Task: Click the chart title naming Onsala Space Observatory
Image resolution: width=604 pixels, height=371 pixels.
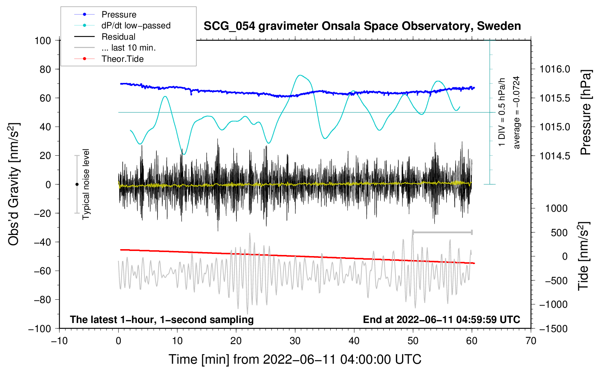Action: (362, 26)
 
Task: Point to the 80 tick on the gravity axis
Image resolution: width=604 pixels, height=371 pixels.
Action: (45, 69)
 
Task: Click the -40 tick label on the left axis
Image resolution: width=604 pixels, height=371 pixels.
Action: (43, 242)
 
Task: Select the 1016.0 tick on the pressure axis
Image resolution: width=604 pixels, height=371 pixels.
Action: (555, 69)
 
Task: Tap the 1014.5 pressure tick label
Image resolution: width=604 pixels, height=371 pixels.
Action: (555, 156)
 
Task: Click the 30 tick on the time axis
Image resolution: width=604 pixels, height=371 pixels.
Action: (295, 341)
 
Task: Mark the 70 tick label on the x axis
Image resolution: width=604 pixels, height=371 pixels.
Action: (531, 341)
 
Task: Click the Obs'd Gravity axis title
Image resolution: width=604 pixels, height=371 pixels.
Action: (13, 184)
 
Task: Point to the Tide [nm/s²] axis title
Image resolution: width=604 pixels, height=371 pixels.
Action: (584, 256)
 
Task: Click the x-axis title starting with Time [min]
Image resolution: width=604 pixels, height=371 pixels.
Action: (295, 359)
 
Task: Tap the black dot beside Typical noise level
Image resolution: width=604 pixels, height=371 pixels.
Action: (77, 184)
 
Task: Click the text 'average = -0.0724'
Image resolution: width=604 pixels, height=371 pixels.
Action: (516, 112)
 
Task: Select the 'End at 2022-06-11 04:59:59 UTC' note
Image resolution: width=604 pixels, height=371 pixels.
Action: (441, 319)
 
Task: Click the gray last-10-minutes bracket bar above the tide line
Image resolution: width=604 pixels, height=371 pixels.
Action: (442, 232)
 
